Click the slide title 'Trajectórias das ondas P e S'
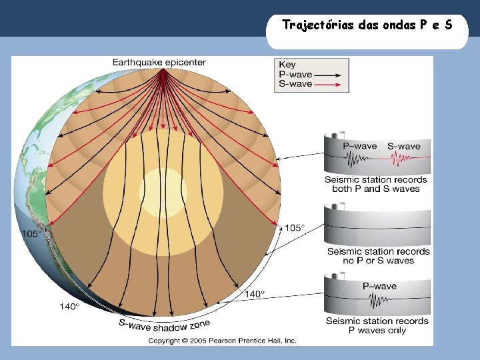pyautogui.click(x=367, y=25)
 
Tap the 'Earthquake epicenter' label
pyautogui.click(x=159, y=63)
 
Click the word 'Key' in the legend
pyautogui.click(x=287, y=65)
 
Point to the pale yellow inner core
pyautogui.click(x=163, y=193)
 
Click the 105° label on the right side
pyautogui.click(x=295, y=227)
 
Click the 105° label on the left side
pyautogui.click(x=32, y=234)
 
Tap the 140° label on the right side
pyautogui.click(x=255, y=293)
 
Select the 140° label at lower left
pyautogui.click(x=69, y=306)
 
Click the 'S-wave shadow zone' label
pyautogui.click(x=164, y=325)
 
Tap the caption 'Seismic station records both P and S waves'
pyautogui.click(x=376, y=184)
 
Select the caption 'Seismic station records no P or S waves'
pyautogui.click(x=378, y=256)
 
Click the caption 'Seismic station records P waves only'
pyautogui.click(x=377, y=325)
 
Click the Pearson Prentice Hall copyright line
pyautogui.click(x=222, y=341)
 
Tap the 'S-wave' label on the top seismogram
pyautogui.click(x=403, y=146)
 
